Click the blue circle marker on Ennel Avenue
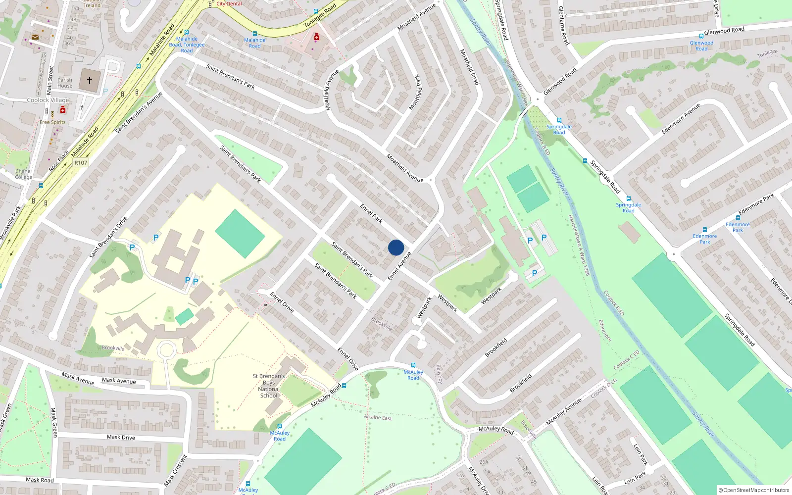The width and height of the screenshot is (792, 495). (x=396, y=247)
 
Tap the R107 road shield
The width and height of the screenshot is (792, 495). (x=81, y=162)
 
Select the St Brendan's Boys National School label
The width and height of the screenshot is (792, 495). (x=269, y=386)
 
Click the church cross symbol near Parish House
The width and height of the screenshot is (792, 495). (x=90, y=80)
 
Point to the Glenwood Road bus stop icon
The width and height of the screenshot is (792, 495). (x=701, y=36)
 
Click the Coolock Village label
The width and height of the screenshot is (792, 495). (x=48, y=100)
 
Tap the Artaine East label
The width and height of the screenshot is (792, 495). (x=378, y=417)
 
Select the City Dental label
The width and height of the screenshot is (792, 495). (x=229, y=4)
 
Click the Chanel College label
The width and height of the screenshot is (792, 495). (x=23, y=174)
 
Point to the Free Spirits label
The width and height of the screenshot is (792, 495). (x=52, y=122)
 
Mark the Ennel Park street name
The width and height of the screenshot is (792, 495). (x=371, y=213)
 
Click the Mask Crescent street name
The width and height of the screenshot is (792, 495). (x=176, y=470)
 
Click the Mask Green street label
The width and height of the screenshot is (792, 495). (x=54, y=422)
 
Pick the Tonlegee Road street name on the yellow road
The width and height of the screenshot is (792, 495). (x=320, y=15)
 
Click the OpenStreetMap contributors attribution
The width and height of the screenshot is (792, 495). (x=754, y=491)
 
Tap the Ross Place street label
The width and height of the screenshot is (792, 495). (x=59, y=161)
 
